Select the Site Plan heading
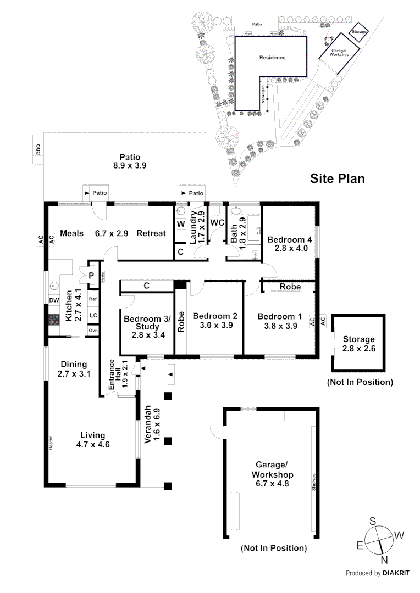point(338,178)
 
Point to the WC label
point(217,223)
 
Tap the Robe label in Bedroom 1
point(290,287)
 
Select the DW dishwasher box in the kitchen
point(53,300)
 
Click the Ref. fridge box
point(93,299)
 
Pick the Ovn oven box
point(93,331)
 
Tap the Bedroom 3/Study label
point(147,323)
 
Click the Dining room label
point(73,364)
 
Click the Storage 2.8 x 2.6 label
point(358,344)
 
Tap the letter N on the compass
point(384,560)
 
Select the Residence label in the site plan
point(272,58)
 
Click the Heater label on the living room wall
point(51,443)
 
